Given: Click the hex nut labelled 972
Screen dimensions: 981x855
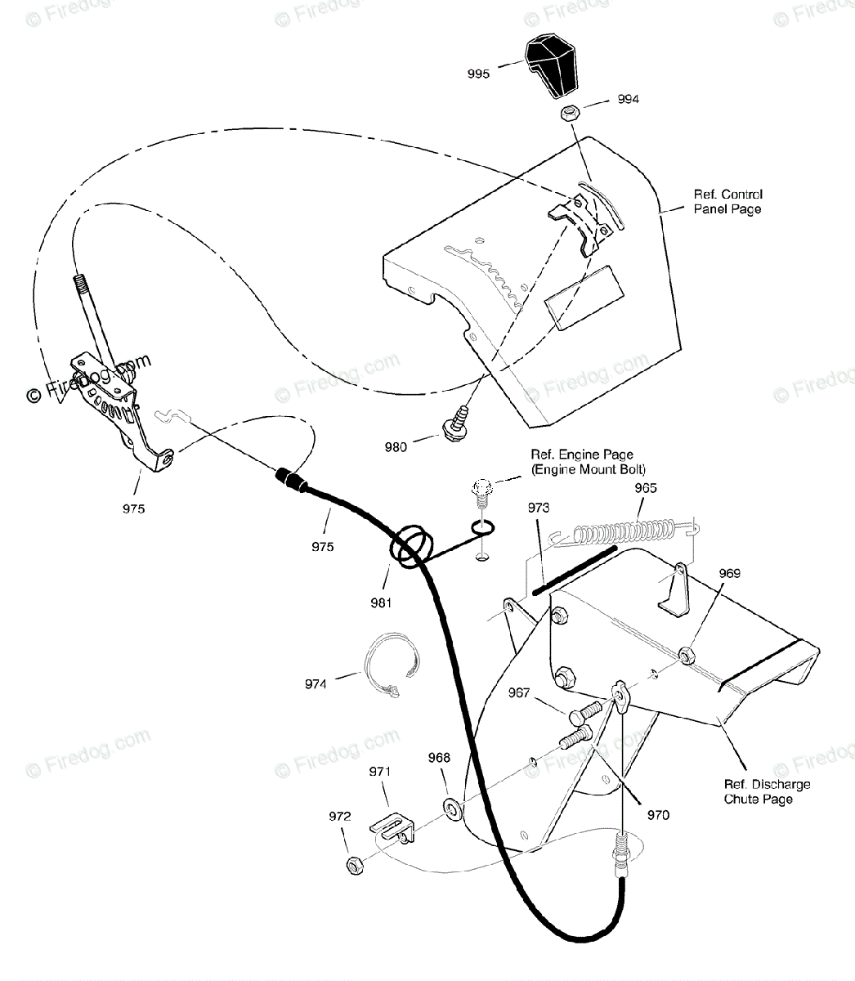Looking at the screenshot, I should tap(355, 863).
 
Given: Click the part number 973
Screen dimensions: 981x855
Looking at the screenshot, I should tap(539, 508).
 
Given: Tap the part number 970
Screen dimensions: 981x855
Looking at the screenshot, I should tap(658, 814).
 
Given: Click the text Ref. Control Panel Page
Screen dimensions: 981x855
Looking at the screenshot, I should tap(727, 202).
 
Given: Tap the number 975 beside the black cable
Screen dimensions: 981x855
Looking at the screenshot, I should tap(322, 547).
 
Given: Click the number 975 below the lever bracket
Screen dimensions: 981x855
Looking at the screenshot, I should tap(133, 508).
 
